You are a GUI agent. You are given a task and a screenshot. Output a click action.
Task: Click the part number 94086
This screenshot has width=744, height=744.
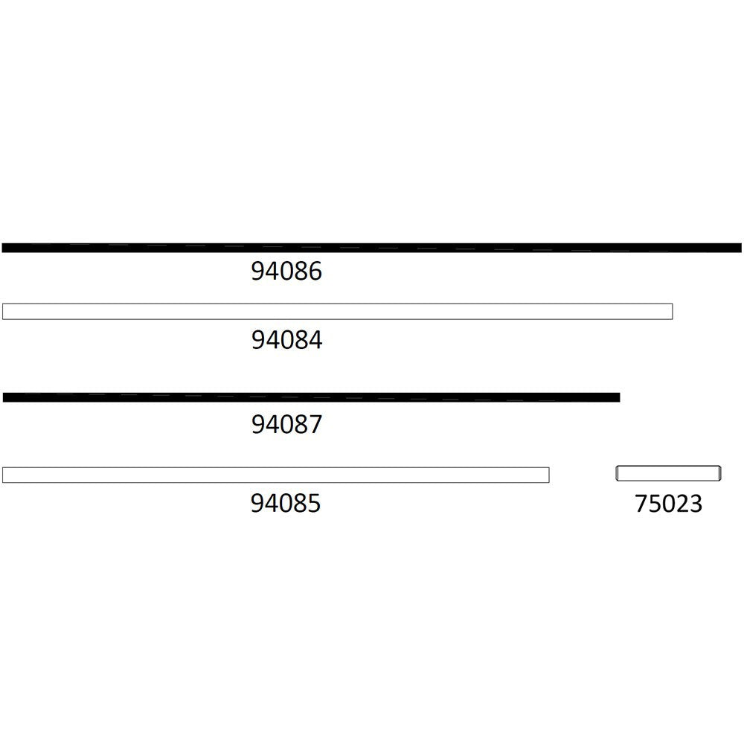click(286, 272)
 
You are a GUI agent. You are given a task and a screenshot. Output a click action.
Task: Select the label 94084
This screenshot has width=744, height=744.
click(286, 341)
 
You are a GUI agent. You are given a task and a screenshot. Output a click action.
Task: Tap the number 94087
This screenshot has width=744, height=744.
click(286, 425)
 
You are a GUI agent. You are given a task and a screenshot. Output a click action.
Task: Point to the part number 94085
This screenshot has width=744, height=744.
click(286, 504)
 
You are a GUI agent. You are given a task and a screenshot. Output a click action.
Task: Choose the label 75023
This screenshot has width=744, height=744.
click(668, 504)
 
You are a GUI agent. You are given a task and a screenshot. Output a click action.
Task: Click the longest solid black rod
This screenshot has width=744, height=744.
click(372, 248)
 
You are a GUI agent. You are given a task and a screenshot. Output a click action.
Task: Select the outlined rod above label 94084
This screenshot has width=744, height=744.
click(337, 312)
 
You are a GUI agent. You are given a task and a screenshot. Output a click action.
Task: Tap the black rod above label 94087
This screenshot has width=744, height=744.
click(311, 397)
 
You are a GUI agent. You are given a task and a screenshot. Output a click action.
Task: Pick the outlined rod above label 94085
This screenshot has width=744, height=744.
click(275, 475)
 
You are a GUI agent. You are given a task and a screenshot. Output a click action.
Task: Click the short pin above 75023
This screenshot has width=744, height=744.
click(669, 473)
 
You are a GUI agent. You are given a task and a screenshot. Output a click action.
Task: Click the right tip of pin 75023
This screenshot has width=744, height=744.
click(720, 473)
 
